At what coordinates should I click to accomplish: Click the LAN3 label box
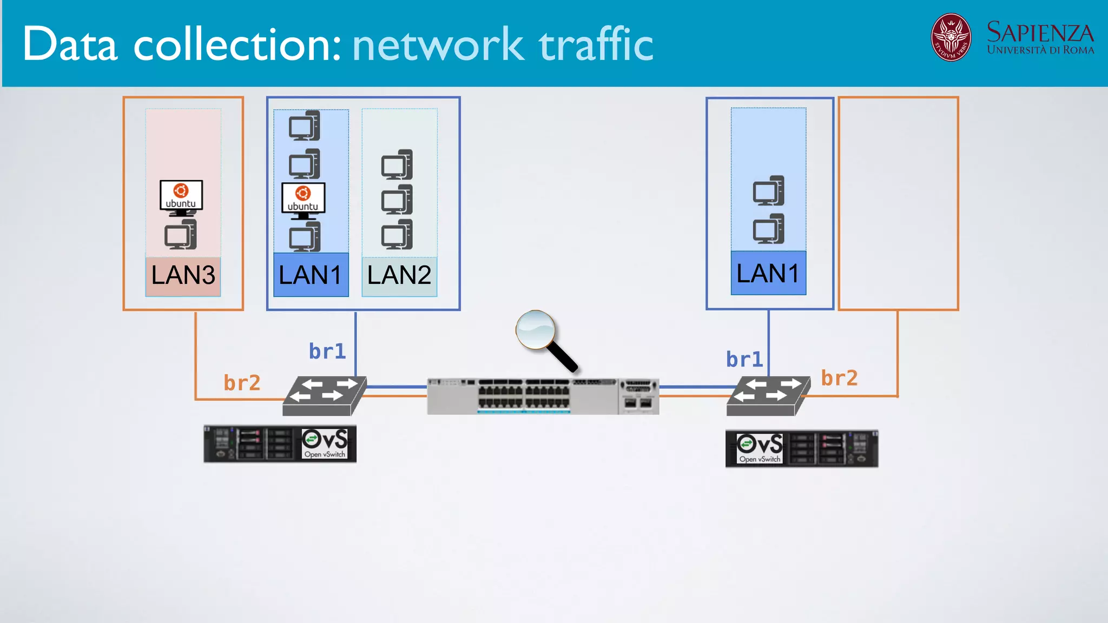tap(183, 276)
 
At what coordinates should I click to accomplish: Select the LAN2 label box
tap(399, 276)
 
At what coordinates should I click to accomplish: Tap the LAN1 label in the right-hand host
tap(768, 274)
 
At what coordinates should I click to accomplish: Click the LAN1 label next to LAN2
tap(311, 276)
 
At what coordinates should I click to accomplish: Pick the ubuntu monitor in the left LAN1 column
tap(303, 199)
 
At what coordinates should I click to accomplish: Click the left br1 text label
tap(327, 352)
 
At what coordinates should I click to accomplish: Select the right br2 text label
tap(839, 378)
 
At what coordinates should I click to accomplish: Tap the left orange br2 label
tap(242, 383)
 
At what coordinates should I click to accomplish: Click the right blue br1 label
tap(744, 360)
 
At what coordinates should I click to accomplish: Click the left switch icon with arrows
tap(324, 395)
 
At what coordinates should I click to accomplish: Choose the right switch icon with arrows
tap(768, 395)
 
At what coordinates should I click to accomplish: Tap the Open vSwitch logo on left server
tap(325, 443)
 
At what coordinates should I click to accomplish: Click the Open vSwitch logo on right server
tap(760, 448)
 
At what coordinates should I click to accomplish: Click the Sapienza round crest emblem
tap(951, 37)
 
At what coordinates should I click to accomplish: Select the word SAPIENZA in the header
tap(1040, 32)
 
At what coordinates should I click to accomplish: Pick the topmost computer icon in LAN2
tap(397, 164)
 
